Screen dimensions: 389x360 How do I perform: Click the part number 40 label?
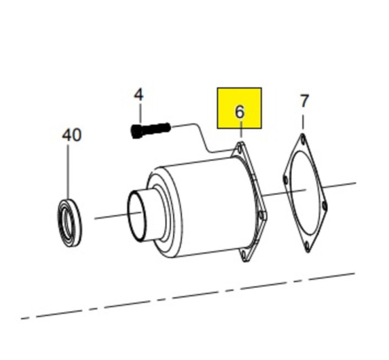72,135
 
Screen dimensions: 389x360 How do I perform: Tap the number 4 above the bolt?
138,95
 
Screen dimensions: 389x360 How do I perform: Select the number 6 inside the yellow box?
239,112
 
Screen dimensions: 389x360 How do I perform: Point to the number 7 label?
304,101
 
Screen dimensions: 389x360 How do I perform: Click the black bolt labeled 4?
150,130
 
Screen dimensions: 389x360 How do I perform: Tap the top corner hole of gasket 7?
303,140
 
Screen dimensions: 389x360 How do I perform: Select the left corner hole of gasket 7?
286,180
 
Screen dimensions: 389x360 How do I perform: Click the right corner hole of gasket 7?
324,205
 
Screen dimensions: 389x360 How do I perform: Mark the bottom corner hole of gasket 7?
307,246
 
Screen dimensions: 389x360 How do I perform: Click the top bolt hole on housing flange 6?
239,150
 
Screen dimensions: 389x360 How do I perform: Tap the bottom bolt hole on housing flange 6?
244,255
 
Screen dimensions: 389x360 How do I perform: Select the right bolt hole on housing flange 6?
261,215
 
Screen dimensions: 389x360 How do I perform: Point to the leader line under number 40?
68,171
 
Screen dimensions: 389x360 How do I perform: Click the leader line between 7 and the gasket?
303,122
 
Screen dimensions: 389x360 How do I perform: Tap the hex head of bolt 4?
137,131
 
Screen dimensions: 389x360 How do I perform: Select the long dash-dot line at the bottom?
188,296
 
